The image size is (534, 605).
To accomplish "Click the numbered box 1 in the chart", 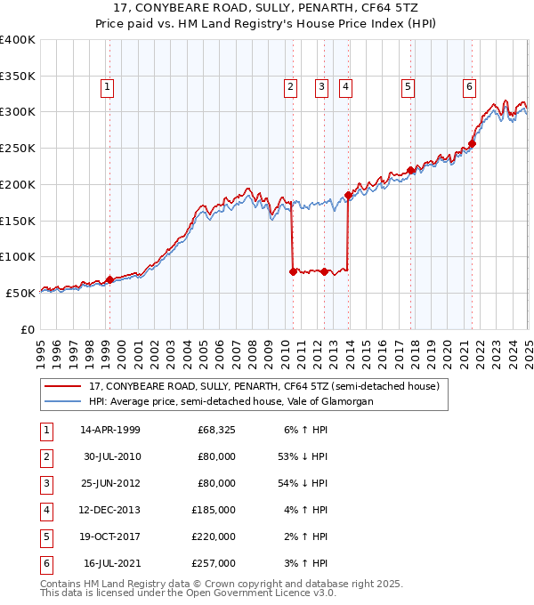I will point(107,87).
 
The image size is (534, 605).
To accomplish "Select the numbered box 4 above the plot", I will point(344,87).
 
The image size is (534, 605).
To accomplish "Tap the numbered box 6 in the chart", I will point(469,87).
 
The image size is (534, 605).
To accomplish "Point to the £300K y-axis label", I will point(18,112).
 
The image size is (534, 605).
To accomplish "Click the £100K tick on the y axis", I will point(18,256).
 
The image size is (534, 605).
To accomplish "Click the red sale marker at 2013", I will point(348,195).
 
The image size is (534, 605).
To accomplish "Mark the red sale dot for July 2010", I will point(293,271).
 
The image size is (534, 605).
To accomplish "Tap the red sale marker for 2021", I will point(473,143).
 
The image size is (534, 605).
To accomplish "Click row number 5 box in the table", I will point(45,536).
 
